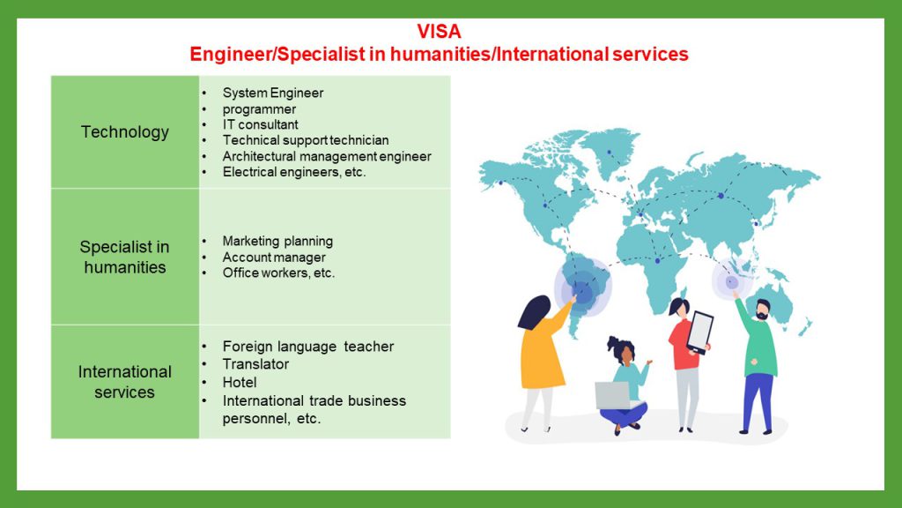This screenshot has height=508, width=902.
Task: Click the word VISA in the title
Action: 439,31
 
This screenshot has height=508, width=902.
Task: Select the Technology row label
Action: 125,132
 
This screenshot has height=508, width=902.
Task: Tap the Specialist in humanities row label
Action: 125,257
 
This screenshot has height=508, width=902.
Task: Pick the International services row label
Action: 125,382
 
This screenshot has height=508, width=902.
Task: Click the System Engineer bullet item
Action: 273,93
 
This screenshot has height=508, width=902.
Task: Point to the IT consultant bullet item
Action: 260,124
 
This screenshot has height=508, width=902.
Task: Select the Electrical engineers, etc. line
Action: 294,172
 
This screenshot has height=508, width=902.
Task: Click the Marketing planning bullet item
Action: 277,241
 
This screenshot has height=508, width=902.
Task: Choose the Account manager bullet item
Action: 274,257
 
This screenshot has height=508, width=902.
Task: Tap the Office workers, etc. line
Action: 278,273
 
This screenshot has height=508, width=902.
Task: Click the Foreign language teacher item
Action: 307,346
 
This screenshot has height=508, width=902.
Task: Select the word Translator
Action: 255,364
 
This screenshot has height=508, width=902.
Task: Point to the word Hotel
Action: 240,382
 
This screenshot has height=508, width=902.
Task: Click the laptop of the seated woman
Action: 613,395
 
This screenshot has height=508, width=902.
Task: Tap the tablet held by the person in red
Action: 700,332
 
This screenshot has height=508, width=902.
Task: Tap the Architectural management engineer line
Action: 327,156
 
